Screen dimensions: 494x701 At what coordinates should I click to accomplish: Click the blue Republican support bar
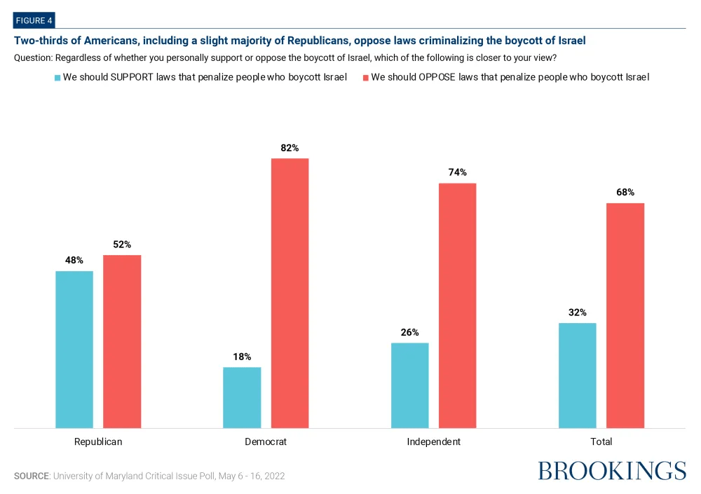tap(74, 349)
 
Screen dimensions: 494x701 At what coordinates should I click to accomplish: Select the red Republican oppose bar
tap(122, 341)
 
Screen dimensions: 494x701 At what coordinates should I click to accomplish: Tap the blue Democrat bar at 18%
tap(242, 397)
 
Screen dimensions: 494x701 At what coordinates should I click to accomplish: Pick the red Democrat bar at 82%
tap(290, 293)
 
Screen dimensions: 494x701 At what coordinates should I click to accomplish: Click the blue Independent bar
tap(409, 385)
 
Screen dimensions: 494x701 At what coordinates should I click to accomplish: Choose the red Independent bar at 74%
tap(457, 305)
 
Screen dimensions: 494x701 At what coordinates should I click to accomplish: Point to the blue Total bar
tap(577, 375)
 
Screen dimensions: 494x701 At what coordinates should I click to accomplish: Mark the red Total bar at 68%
tap(625, 315)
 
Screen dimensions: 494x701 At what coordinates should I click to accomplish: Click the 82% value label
tap(290, 148)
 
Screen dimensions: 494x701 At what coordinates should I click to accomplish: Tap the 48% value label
tap(74, 260)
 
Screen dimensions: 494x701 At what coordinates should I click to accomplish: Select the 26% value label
tap(409, 332)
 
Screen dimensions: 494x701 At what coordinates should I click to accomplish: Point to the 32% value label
tap(578, 313)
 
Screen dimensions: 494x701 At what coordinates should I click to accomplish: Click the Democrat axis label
tap(266, 442)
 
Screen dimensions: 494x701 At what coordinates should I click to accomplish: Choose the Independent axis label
tap(433, 442)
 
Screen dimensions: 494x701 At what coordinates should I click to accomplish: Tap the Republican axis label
tap(98, 442)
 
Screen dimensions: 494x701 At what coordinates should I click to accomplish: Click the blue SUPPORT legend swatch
tap(57, 78)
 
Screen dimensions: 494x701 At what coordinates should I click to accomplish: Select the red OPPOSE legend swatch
tap(365, 78)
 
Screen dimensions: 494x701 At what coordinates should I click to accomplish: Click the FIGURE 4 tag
tap(34, 20)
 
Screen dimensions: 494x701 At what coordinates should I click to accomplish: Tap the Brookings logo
tap(612, 471)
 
